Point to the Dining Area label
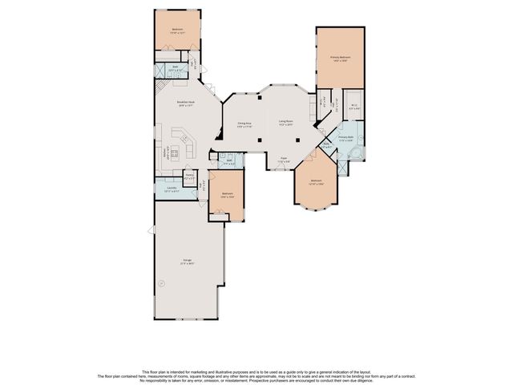pyautogui.click(x=244, y=124)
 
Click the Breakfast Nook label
pyautogui.click(x=186, y=103)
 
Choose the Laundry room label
pyautogui.click(x=172, y=189)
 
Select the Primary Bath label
pyautogui.click(x=345, y=139)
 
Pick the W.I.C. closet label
pyautogui.click(x=353, y=107)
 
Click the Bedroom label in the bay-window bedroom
pyautogui.click(x=316, y=182)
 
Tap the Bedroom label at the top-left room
pyautogui.click(x=177, y=31)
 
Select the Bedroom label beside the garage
pyautogui.click(x=228, y=195)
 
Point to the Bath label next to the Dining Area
pyautogui.click(x=228, y=162)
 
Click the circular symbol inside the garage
pyautogui.click(x=160, y=282)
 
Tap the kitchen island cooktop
pyautogui.click(x=184, y=149)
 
